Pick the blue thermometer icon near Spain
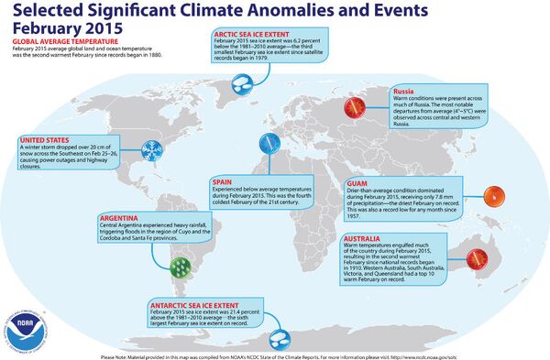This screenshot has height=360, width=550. pyautogui.click(x=268, y=143)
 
